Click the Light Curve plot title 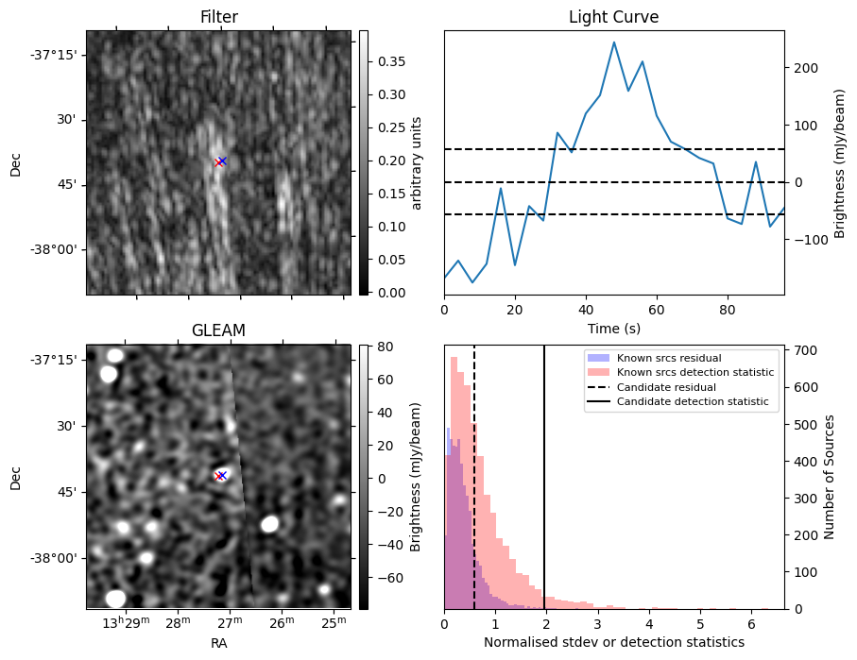(613, 17)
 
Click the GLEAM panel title (218, 330)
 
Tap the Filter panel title (218, 17)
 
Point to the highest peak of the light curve (614, 42)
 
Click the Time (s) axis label (613, 328)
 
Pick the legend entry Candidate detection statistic (694, 402)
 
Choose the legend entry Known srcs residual (669, 358)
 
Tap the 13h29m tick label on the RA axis (126, 623)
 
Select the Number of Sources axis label (831, 478)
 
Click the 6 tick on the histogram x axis (751, 624)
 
